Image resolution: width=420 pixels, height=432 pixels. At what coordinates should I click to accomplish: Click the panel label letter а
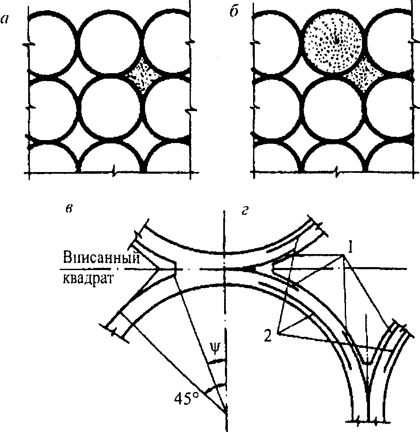click(x=5, y=19)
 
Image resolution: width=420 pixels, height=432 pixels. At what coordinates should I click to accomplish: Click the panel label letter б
click(x=234, y=11)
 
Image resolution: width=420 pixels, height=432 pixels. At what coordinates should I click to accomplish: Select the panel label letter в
click(x=69, y=209)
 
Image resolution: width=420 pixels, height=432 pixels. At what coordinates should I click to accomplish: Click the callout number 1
click(x=350, y=248)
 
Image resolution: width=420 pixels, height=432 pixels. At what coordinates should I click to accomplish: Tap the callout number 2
click(x=268, y=336)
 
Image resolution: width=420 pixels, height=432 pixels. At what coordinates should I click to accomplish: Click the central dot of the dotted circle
click(x=336, y=40)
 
